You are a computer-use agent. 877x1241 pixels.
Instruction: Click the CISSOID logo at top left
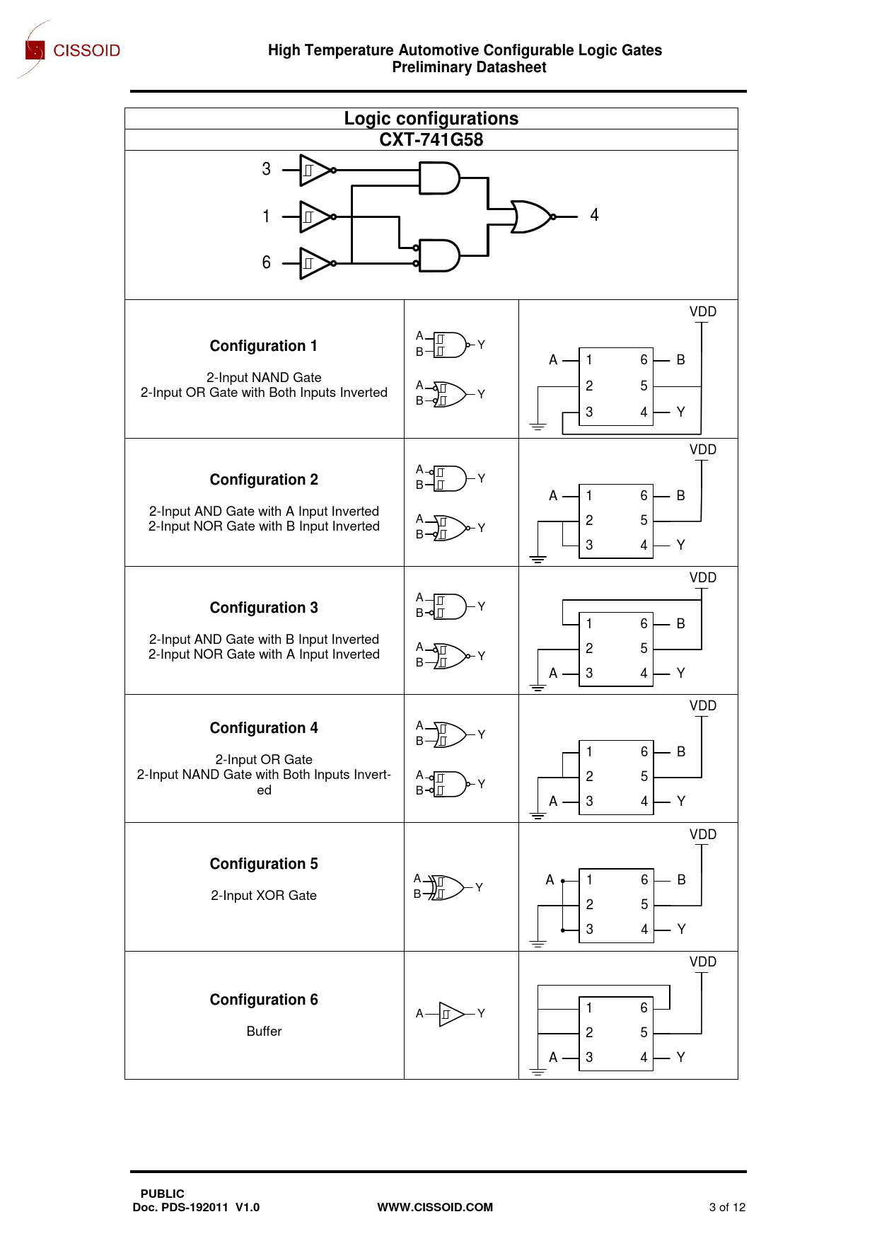pos(71,50)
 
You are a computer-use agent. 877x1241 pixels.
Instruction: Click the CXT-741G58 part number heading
pos(431,139)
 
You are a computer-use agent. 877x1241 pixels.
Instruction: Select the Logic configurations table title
pos(431,118)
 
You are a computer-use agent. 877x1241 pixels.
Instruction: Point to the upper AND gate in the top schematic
pos(438,178)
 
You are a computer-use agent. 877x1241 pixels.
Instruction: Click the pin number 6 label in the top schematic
pos(266,262)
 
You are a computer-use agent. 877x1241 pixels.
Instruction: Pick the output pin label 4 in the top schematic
pos(594,215)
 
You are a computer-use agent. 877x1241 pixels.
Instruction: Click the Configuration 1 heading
pos(264,346)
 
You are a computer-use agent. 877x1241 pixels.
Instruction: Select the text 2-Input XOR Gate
pos(264,895)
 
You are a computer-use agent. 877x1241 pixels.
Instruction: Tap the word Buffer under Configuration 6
pos(264,1031)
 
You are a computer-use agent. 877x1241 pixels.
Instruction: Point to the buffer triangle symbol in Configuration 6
pos(451,1014)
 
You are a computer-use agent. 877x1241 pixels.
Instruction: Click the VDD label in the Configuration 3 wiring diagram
pos(702,578)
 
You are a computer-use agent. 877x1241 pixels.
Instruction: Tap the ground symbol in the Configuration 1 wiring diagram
pos(538,427)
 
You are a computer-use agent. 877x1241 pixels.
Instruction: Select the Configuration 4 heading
pos(264,728)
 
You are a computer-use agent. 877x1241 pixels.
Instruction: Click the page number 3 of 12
pos(727,1207)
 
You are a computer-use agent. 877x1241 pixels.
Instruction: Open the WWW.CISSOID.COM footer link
pos(435,1207)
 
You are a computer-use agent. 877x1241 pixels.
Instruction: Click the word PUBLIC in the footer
pos(162,1194)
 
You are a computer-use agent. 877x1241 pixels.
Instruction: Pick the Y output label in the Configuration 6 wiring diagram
pos(680,1057)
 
